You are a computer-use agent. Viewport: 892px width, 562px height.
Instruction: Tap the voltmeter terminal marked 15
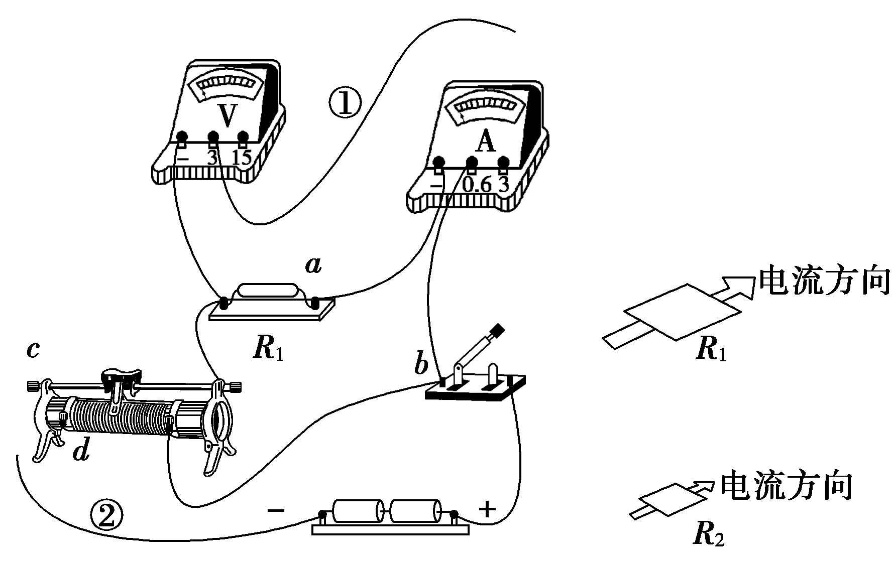click(243, 137)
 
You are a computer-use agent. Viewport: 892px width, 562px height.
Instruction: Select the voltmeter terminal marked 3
click(213, 137)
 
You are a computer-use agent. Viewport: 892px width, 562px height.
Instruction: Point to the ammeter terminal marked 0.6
click(472, 163)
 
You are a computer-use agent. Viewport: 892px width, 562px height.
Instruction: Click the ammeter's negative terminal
click(439, 163)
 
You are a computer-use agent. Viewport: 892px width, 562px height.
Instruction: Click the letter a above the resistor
click(313, 265)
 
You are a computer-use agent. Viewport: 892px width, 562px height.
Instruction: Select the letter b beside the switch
click(421, 365)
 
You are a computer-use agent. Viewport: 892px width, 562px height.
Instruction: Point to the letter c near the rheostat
click(33, 350)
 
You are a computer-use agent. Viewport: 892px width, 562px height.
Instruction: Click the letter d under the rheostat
click(81, 452)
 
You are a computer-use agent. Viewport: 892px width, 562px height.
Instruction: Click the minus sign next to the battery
click(276, 510)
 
